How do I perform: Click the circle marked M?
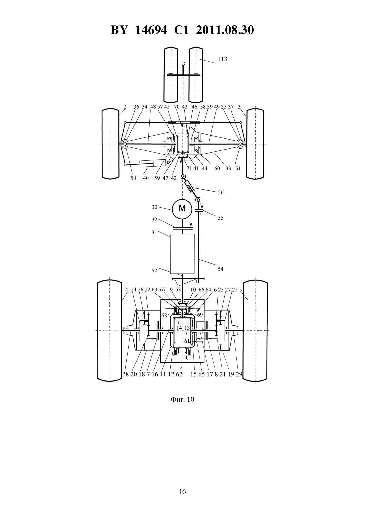tap(182, 209)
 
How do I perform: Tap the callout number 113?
tap(222, 59)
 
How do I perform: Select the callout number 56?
tap(221, 192)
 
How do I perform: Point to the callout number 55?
tap(221, 218)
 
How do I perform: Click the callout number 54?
tap(221, 269)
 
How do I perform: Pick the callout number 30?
tap(154, 207)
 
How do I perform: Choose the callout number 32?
tap(154, 220)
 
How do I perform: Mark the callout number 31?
tap(154, 233)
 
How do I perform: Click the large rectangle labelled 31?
tap(182, 254)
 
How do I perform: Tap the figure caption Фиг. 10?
tap(182, 399)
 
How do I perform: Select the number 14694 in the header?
tap(151, 30)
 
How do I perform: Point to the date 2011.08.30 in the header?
tap(225, 30)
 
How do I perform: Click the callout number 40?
tap(146, 178)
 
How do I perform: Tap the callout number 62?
tap(179, 374)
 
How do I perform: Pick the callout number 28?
tap(125, 374)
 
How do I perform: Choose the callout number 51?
tap(238, 169)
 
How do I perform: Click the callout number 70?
tap(177, 107)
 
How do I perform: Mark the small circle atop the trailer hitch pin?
tap(183, 63)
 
